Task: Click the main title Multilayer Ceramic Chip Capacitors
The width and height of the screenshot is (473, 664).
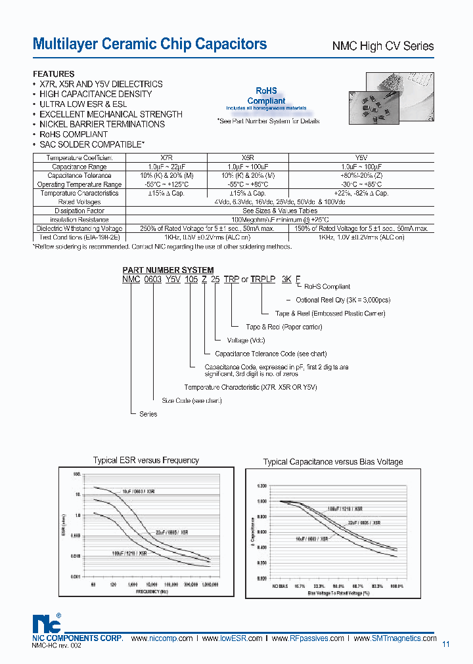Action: (150, 44)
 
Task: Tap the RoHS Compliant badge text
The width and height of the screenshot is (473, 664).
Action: (266, 96)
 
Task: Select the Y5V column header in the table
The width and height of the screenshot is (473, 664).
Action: (361, 158)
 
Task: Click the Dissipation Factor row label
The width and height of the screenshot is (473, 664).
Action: (79, 211)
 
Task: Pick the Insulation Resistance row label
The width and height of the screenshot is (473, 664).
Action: (79, 220)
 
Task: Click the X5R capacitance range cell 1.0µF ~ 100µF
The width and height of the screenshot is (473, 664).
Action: (248, 167)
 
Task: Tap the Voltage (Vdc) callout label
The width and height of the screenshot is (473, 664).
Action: (246, 341)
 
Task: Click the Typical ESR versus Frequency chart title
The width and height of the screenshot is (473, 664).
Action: (146, 461)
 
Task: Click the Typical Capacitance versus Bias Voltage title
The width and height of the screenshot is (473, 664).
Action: (333, 462)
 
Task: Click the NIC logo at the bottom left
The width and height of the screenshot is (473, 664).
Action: (46, 623)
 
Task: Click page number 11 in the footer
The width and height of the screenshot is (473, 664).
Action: (446, 644)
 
